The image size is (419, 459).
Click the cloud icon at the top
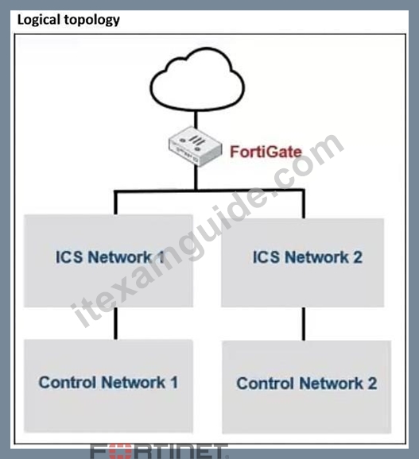pos(197,79)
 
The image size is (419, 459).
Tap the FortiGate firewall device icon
pos(195,146)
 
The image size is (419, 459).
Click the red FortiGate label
pos(266,152)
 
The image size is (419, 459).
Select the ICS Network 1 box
pos(108,260)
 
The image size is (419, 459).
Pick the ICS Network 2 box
pos(303,263)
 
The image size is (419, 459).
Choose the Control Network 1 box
pos(108,386)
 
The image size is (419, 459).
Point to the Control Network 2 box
pos(307,387)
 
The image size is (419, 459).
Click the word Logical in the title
pos(39,20)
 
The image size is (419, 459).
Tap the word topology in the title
pos(92,21)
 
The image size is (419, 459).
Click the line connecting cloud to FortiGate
pos(196,119)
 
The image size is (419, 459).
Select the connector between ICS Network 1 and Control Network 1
pos(116,323)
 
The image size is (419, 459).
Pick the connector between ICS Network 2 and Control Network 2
pos(304,324)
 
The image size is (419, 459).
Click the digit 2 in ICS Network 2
pos(358,257)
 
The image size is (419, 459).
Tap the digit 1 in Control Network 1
pos(174,382)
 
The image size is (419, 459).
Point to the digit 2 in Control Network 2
pos(372,384)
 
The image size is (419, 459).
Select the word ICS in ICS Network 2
pos(266,257)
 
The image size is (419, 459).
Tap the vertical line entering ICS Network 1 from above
pos(116,202)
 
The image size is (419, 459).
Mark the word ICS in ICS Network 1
pos(69,257)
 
